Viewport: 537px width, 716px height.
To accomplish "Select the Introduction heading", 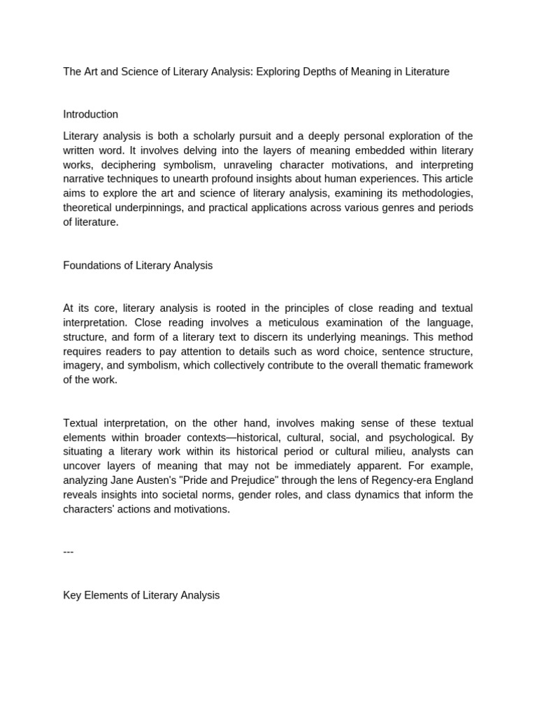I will pyautogui.click(x=90, y=115).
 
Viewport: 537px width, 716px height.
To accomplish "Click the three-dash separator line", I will pyautogui.click(x=69, y=552).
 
